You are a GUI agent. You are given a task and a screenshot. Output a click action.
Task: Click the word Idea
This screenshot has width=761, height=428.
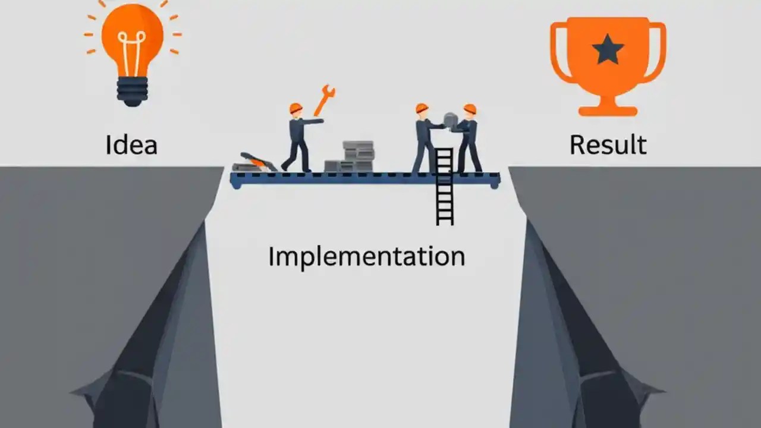131,144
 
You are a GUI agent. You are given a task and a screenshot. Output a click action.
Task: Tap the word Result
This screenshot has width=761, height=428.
608,144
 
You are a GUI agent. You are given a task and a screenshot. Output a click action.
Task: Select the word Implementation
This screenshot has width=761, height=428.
366,256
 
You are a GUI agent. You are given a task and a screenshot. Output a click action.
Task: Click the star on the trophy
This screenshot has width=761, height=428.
608,50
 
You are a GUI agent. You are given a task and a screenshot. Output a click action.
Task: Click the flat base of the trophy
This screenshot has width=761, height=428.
608,111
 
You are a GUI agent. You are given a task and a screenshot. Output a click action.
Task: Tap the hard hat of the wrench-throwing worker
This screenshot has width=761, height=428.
295,108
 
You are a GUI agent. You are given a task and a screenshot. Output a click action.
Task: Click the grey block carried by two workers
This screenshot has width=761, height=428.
451,121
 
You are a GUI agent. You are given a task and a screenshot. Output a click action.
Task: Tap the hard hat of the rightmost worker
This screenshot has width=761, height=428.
470,109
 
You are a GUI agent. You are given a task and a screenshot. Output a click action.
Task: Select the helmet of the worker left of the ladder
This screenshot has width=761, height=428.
422,108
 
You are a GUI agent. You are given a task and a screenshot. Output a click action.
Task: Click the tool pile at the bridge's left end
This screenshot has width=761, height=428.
254,162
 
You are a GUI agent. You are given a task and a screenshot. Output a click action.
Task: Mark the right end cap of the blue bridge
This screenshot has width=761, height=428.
494,181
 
